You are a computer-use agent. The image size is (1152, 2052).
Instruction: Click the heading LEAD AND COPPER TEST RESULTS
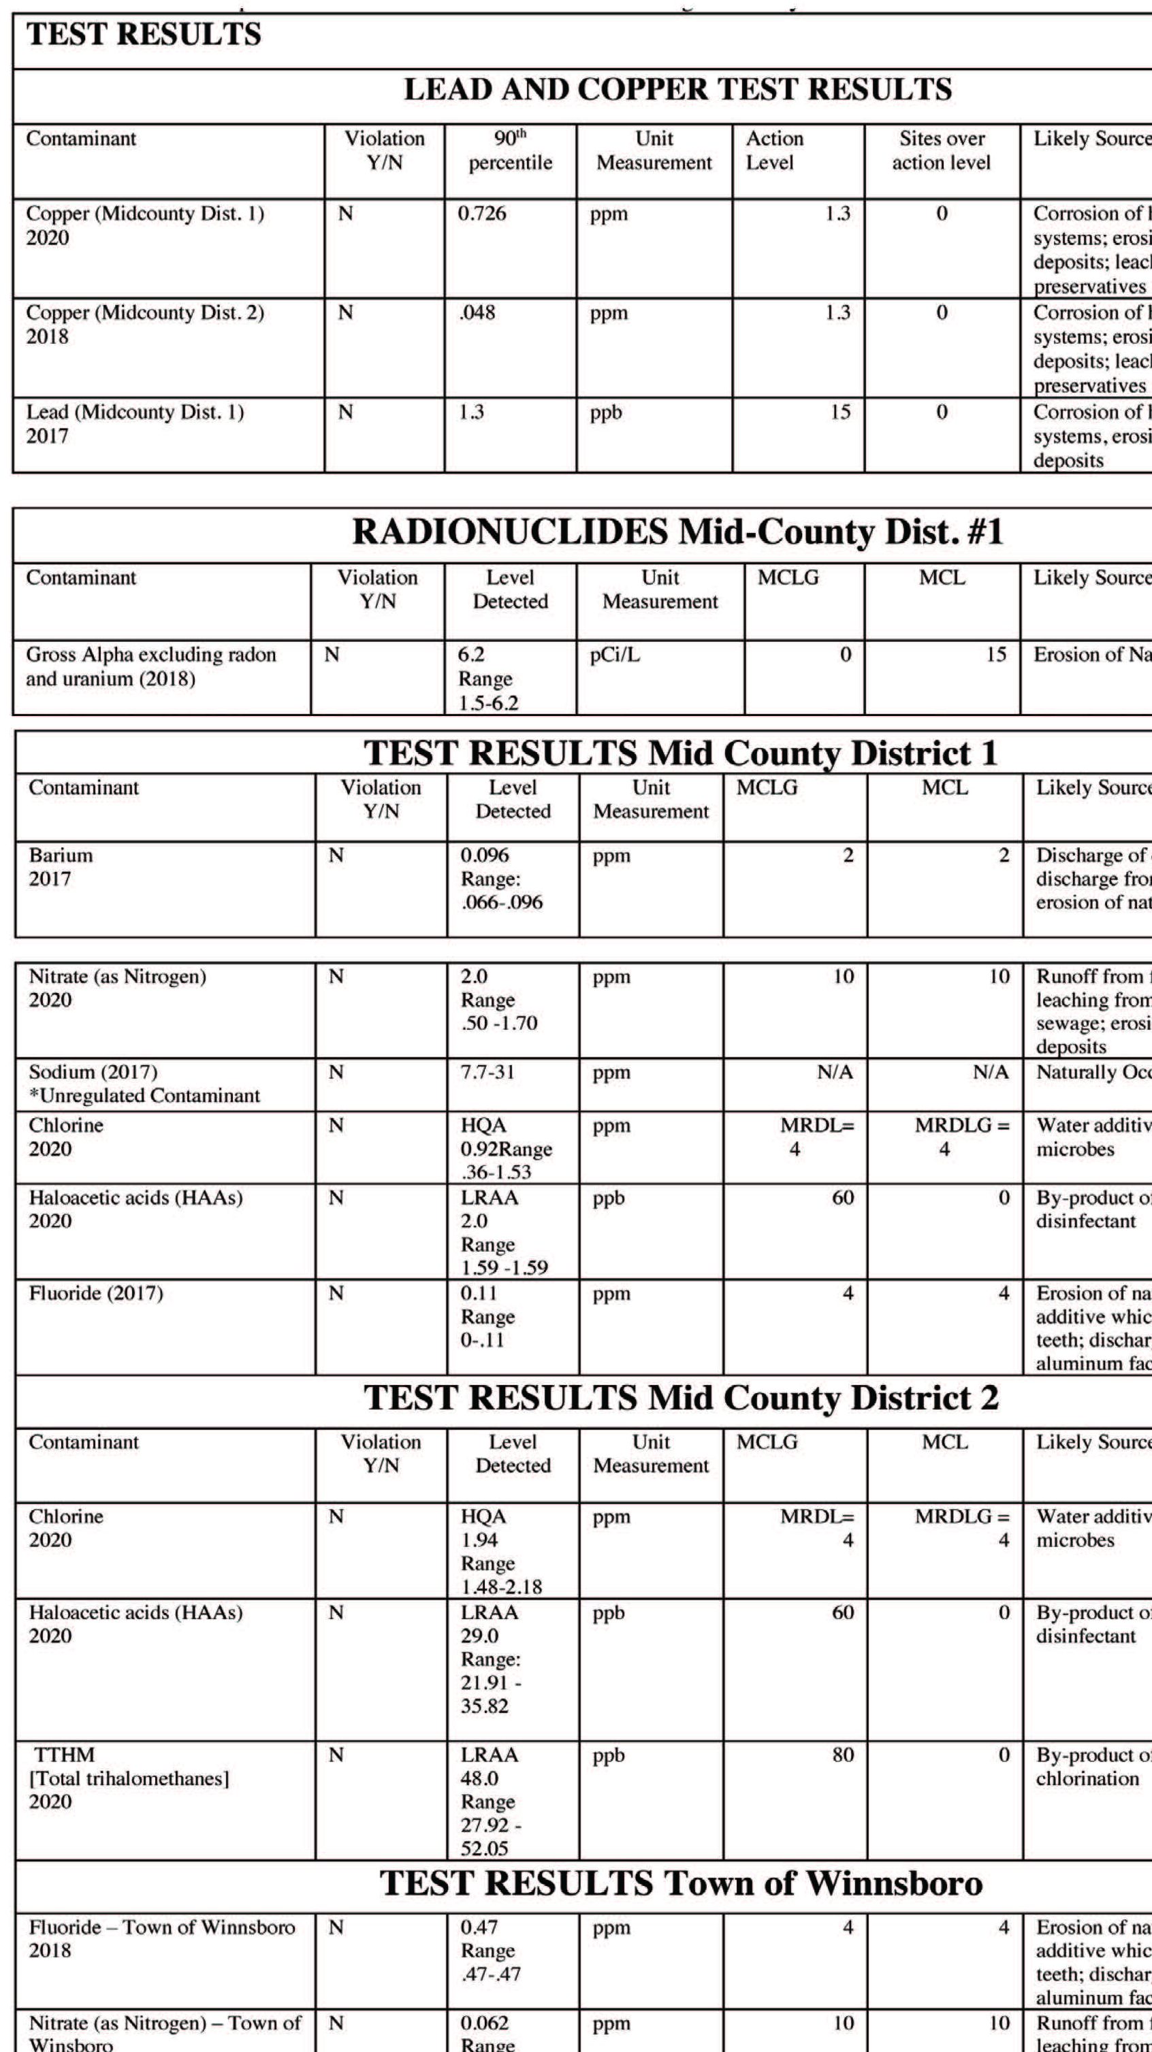tap(677, 89)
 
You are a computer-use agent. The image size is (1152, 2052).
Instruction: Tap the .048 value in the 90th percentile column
tap(477, 312)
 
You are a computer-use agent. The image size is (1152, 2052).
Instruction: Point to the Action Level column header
tap(774, 150)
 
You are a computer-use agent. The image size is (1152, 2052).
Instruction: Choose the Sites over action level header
tap(941, 150)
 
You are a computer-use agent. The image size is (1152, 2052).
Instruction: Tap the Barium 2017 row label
tap(61, 866)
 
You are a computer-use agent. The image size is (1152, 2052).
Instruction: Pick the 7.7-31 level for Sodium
tap(487, 1072)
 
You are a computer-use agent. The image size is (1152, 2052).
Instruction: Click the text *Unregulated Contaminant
tap(144, 1095)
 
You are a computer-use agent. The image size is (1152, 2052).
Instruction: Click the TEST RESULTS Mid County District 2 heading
tap(681, 1397)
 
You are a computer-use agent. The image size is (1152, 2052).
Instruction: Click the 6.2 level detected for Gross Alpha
tap(473, 655)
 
